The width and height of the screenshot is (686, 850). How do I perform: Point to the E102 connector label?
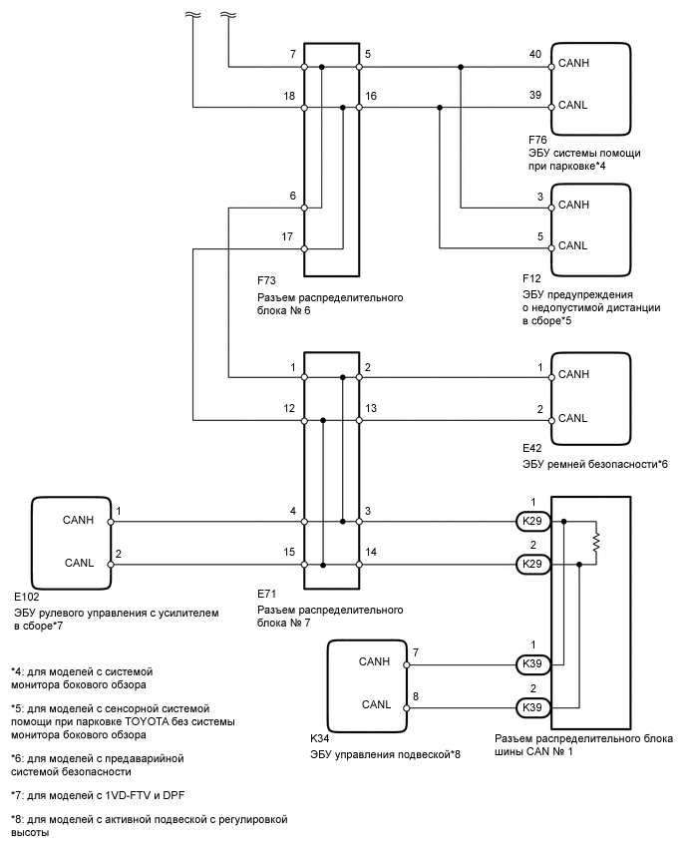pos(26,597)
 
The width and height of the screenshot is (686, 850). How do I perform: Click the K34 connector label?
pos(320,739)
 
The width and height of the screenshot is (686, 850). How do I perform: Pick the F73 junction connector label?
pos(267,281)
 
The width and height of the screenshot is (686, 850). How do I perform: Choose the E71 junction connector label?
pos(267,595)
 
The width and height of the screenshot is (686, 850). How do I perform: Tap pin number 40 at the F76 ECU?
pos(536,55)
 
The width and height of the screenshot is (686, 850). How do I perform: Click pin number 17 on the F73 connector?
pos(287,236)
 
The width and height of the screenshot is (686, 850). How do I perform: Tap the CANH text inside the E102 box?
pos(79,520)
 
